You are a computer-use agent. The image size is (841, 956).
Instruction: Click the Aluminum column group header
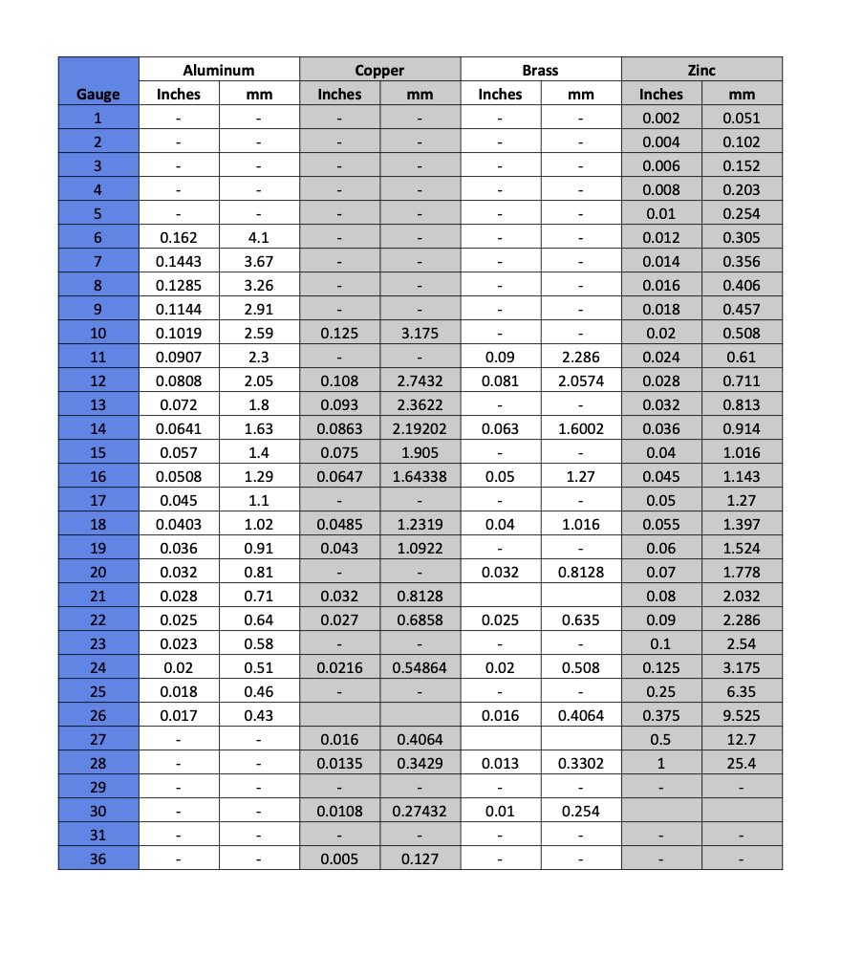(219, 70)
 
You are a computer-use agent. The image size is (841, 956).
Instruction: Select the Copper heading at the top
(379, 70)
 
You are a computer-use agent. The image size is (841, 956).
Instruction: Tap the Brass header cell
(540, 70)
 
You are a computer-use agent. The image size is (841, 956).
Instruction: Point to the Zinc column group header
(701, 70)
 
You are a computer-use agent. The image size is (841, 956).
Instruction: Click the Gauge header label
(98, 94)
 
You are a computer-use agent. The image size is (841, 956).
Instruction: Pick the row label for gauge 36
(98, 858)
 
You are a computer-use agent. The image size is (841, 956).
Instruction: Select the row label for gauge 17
(98, 500)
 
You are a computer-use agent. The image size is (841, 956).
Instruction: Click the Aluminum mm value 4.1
(259, 237)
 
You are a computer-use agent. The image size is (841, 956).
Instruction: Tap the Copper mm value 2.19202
(420, 428)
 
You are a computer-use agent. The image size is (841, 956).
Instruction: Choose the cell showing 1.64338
(420, 476)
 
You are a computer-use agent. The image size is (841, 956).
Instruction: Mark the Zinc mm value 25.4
(742, 763)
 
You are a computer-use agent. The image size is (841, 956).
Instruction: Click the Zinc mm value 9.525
(742, 715)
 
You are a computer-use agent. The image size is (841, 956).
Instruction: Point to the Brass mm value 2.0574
(581, 380)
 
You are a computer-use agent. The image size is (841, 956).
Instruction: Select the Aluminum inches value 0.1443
(179, 261)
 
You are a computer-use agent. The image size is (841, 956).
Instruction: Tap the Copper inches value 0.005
(339, 858)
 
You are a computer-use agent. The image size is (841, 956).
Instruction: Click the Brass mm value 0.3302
(581, 763)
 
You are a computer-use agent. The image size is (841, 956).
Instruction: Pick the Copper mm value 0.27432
(420, 811)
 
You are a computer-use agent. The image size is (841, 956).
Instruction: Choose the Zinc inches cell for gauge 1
(661, 118)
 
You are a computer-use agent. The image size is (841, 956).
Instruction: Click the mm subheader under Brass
(581, 94)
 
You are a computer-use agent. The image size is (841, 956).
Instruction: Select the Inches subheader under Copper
(339, 94)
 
